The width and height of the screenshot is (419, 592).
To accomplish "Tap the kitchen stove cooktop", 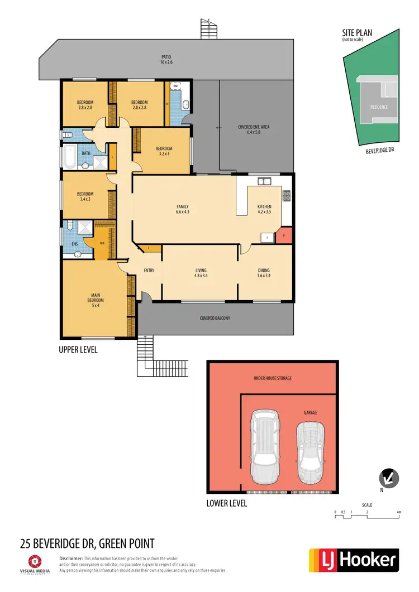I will (x=287, y=195).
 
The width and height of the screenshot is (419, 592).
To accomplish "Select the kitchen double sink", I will (x=264, y=181).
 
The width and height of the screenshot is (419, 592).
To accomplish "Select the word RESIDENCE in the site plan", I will (x=379, y=107).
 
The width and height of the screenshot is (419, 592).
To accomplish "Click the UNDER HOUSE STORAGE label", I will (x=272, y=378).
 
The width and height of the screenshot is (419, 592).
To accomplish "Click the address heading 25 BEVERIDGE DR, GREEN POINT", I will (x=87, y=543).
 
